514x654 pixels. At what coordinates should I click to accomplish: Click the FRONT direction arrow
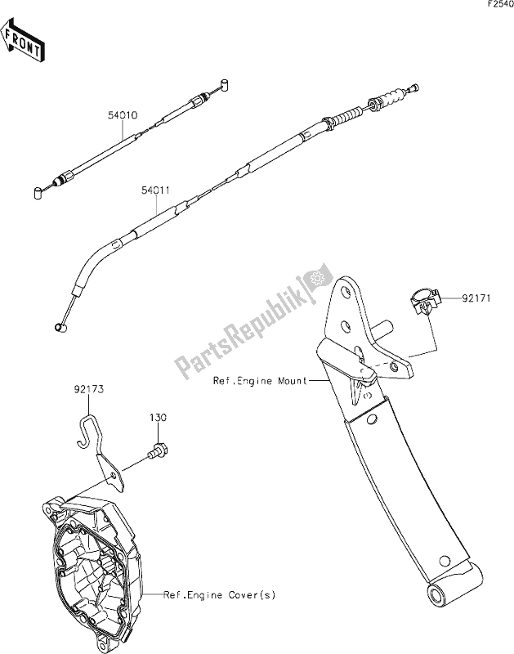pyautogui.click(x=24, y=43)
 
